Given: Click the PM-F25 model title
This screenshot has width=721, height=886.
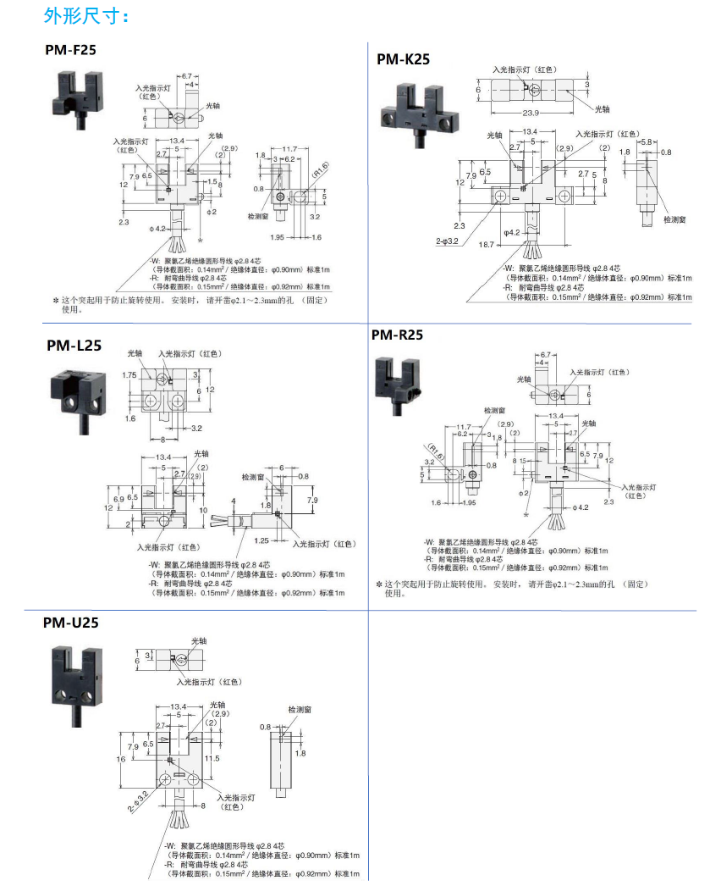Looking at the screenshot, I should pyautogui.click(x=71, y=50).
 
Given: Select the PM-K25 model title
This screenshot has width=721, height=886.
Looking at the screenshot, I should pyautogui.click(x=403, y=58).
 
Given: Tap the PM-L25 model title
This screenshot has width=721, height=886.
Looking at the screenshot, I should pyautogui.click(x=74, y=345).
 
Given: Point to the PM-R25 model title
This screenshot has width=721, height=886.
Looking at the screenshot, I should pyautogui.click(x=397, y=335).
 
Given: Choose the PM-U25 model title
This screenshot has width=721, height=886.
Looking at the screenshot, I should pyautogui.click(x=71, y=623).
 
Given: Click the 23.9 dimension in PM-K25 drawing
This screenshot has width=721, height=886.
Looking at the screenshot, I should pyautogui.click(x=531, y=113).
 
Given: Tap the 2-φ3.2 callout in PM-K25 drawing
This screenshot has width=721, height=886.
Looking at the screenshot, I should pyautogui.click(x=447, y=241).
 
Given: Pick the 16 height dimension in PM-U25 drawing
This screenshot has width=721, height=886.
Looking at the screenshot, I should pyautogui.click(x=121, y=760).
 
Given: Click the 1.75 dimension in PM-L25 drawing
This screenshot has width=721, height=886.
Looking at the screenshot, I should pyautogui.click(x=129, y=374).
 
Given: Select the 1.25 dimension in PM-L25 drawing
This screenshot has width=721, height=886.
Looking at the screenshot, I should pyautogui.click(x=261, y=540).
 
